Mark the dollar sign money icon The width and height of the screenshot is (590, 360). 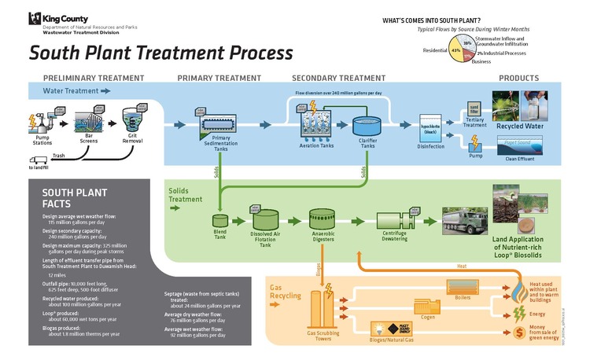518,333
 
